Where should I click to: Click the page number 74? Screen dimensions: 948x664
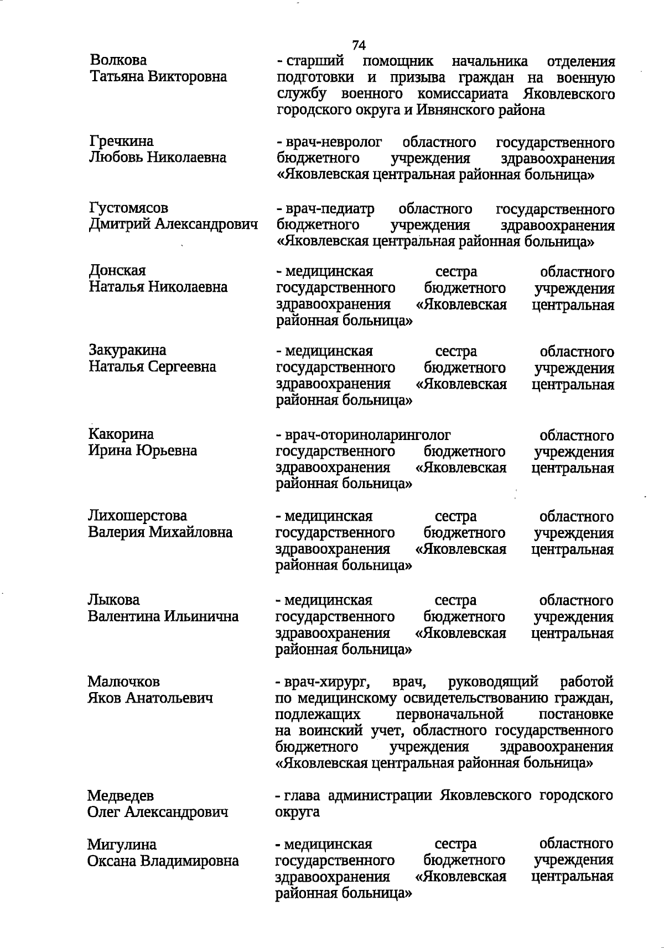click(x=359, y=45)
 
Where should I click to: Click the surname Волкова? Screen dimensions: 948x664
click(x=118, y=60)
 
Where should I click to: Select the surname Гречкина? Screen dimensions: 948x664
click(x=121, y=142)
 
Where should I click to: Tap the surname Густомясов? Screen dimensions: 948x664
click(x=128, y=208)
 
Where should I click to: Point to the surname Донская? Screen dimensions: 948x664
click(x=117, y=271)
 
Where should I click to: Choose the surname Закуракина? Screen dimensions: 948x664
click(x=127, y=350)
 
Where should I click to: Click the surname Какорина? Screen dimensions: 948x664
click(x=121, y=434)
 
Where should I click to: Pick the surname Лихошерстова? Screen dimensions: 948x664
click(x=137, y=516)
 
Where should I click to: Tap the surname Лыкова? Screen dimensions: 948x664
click(x=113, y=600)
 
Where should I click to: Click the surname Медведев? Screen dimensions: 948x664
click(x=120, y=796)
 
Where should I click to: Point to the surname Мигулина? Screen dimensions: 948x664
click(x=122, y=845)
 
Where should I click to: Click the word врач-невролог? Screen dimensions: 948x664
click(x=333, y=143)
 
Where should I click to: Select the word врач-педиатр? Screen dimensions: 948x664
click(x=329, y=209)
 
